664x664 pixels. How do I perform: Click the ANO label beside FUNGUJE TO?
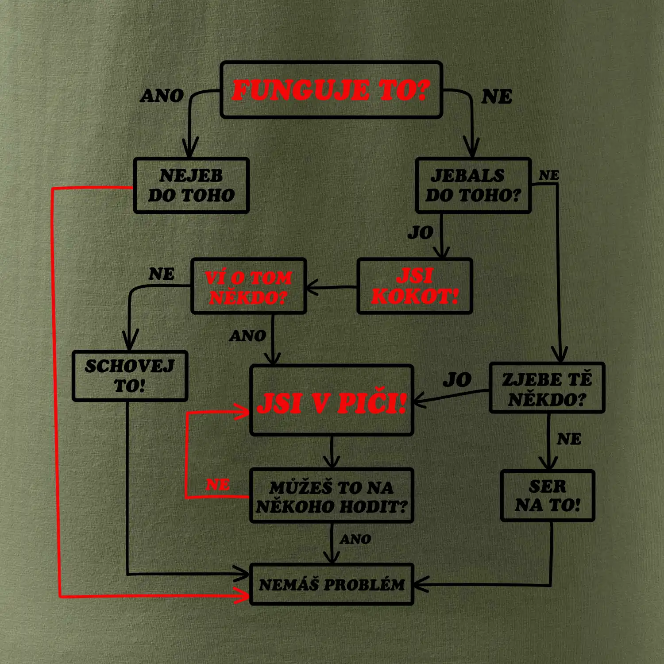pos(162,96)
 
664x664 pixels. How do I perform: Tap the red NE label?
pos(218,485)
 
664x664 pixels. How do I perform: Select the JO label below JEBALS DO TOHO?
pos(421,232)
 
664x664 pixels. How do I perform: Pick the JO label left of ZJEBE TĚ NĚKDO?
pos(457,380)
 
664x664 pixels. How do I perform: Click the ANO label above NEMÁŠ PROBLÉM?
pos(355,539)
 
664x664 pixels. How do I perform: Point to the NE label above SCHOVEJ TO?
pos(162,274)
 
